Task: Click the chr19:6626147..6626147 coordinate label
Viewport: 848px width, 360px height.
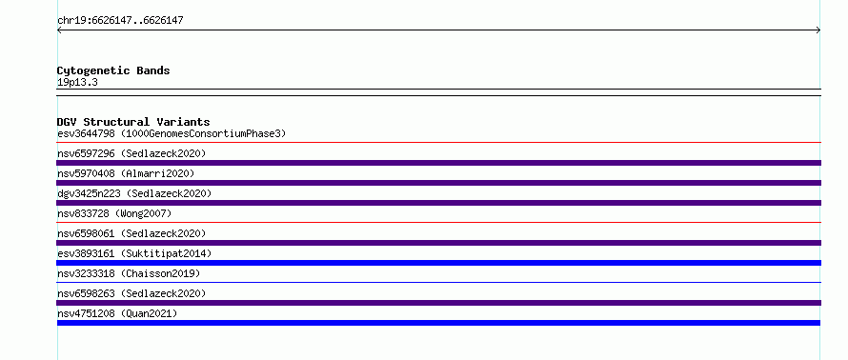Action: pyautogui.click(x=120, y=21)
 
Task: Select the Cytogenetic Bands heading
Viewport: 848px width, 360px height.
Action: pyautogui.click(x=113, y=70)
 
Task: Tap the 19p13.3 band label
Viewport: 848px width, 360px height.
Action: pyautogui.click(x=77, y=83)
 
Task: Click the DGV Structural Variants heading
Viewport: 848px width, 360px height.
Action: pyautogui.click(x=133, y=122)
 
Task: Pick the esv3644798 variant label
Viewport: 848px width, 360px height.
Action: pyautogui.click(x=172, y=133)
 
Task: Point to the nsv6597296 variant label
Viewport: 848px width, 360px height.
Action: pyautogui.click(x=131, y=153)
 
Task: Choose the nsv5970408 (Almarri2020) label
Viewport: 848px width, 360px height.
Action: pyautogui.click(x=126, y=173)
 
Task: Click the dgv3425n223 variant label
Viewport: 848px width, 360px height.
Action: pyautogui.click(x=134, y=193)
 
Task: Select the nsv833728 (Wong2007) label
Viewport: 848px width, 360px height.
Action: pyautogui.click(x=114, y=213)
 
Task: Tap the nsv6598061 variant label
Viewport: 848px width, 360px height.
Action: pyautogui.click(x=131, y=233)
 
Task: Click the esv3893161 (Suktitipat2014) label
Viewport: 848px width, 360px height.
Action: pyautogui.click(x=134, y=253)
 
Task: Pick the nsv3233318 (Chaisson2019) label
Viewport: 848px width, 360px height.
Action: pyautogui.click(x=129, y=273)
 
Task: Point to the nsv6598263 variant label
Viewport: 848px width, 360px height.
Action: pyautogui.click(x=131, y=293)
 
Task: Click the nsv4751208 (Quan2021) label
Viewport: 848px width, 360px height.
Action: pyautogui.click(x=117, y=313)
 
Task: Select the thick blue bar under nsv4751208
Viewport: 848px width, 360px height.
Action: pyautogui.click(x=438, y=323)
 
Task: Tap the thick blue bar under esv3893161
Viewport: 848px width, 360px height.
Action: pyautogui.click(x=438, y=263)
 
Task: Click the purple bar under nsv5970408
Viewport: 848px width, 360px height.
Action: pyautogui.click(x=438, y=183)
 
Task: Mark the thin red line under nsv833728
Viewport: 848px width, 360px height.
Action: pyautogui.click(x=438, y=222)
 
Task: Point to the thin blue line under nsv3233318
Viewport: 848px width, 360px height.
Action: pyautogui.click(x=438, y=282)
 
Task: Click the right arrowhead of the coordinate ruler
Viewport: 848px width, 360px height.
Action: pyautogui.click(x=818, y=30)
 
